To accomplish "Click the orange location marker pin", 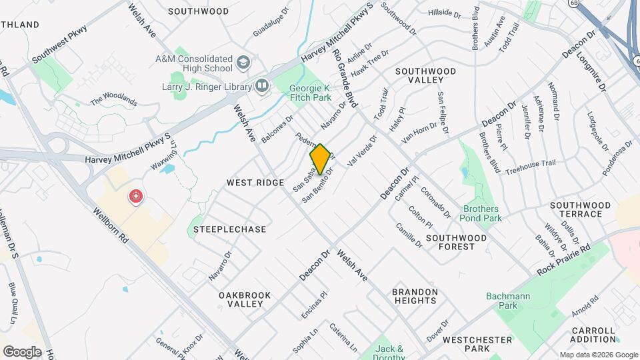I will pyautogui.click(x=320, y=159).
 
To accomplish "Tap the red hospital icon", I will pyautogui.click(x=135, y=197).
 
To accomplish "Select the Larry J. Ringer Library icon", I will pyautogui.click(x=262, y=86).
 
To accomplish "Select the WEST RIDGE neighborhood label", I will pyautogui.click(x=255, y=183).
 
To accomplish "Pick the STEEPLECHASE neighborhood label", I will pyautogui.click(x=230, y=229).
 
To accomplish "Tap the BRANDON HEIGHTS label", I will pyautogui.click(x=414, y=297).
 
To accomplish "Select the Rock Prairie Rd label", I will pyautogui.click(x=564, y=261).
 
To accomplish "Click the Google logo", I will pyautogui.click(x=22, y=351).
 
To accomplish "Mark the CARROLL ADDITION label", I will pyautogui.click(x=593, y=335).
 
